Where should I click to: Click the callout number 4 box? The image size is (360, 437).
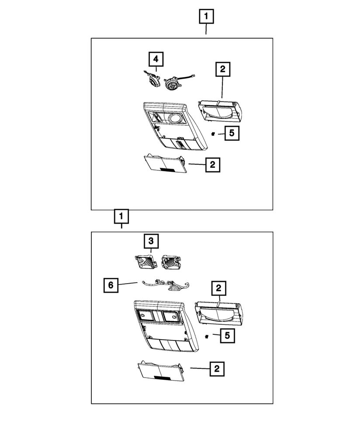pyautogui.click(x=156, y=59)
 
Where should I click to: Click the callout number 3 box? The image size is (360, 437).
pyautogui.click(x=151, y=241)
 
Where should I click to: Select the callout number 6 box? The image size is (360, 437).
pyautogui.click(x=111, y=285)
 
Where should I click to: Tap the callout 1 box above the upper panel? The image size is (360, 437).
pyautogui.click(x=206, y=17)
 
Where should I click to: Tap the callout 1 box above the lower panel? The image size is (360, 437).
pyautogui.click(x=121, y=216)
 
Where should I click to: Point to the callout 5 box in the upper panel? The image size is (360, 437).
pyautogui.click(x=232, y=133)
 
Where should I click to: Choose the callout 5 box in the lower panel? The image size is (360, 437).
pyautogui.click(x=227, y=336)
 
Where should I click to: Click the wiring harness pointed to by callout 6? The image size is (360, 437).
pyautogui.click(x=166, y=285)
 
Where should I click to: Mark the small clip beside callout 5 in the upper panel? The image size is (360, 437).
pyautogui.click(x=213, y=134)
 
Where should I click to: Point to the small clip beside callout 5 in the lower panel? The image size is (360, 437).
pyautogui.click(x=207, y=336)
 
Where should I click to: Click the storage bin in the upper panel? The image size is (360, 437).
pyautogui.click(x=220, y=112)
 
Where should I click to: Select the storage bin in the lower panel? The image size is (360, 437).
pyautogui.click(x=218, y=313)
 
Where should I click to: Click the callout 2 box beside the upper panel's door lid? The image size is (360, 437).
pyautogui.click(x=213, y=165)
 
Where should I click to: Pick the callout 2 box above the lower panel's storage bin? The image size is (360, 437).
pyautogui.click(x=218, y=288)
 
